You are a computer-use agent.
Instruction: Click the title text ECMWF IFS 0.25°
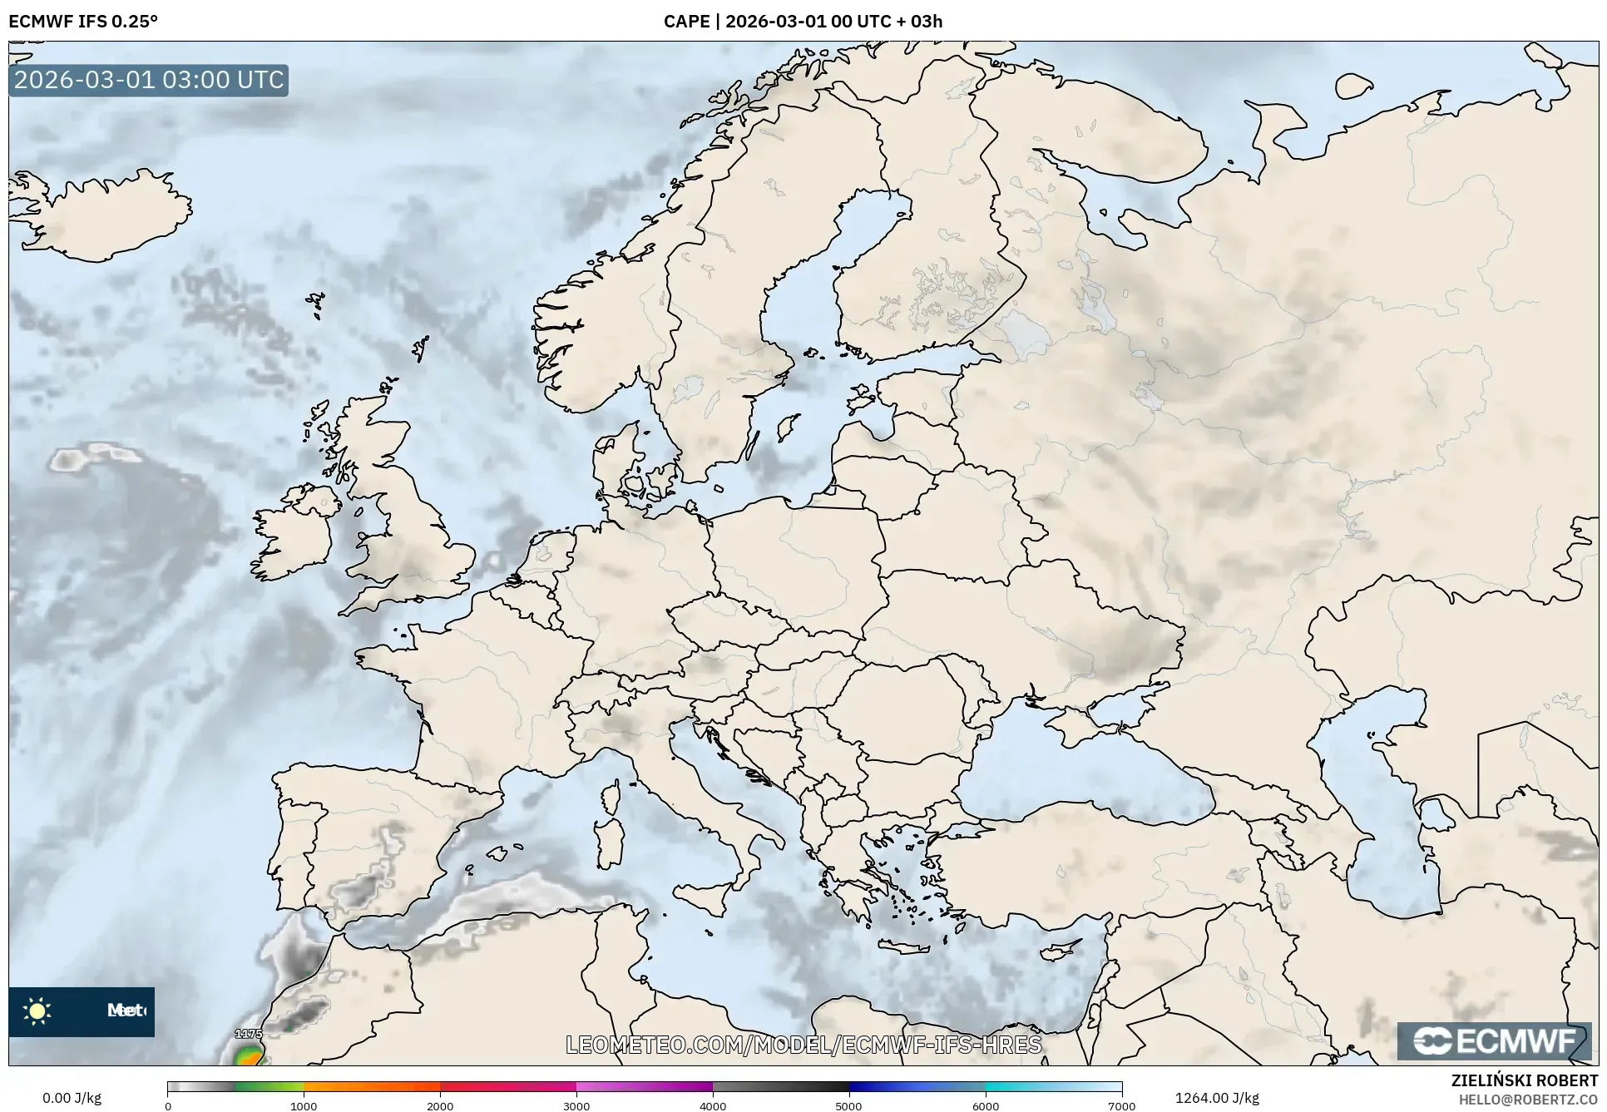coord(83,22)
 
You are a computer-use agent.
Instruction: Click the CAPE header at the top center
coord(803,22)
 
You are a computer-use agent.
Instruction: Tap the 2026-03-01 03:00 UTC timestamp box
coord(149,81)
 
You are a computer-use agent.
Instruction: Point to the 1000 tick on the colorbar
coord(304,1105)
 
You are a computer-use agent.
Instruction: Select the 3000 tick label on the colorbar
coord(576,1105)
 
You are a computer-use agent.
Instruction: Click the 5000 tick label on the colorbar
coord(848,1105)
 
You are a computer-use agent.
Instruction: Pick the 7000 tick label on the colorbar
coord(1121,1105)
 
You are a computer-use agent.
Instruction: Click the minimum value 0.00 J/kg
coord(72,1098)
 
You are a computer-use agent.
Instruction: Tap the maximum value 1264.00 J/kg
coord(1216,1098)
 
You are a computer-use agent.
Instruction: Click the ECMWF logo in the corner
coord(1494,1040)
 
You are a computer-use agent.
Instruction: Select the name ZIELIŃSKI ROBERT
coord(1525,1080)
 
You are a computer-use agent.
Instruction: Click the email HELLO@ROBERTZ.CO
coord(1528,1100)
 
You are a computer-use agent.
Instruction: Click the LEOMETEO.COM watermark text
coord(803,1045)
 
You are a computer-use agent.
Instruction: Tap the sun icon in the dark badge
coord(37,1011)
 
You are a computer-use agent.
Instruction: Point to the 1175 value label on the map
coord(249,1034)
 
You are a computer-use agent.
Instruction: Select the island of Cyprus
coord(1061,950)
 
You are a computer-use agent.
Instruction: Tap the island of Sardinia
coord(611,843)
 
